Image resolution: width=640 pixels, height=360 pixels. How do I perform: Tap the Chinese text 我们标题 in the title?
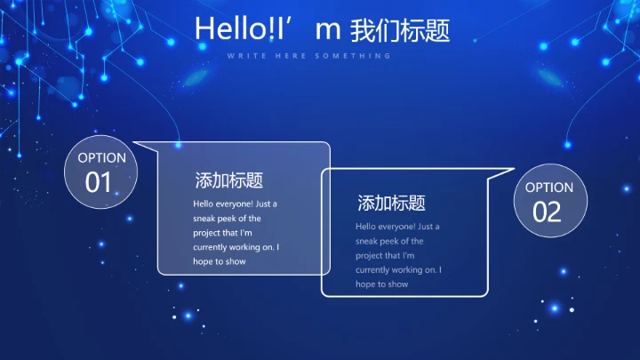point(401,29)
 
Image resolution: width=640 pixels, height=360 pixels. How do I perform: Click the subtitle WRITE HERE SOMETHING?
point(308,55)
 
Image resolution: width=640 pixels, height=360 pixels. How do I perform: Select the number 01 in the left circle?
point(99,182)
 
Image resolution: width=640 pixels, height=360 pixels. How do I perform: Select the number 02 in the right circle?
point(548,212)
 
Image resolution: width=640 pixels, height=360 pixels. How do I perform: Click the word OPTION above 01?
point(101,158)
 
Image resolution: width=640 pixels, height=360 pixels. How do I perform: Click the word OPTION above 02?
point(549,188)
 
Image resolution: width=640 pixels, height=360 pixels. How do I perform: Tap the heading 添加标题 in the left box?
point(229,180)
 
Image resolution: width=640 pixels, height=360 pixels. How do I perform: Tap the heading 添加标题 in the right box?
point(391,203)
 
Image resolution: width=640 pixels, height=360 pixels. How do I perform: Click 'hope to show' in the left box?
point(220,261)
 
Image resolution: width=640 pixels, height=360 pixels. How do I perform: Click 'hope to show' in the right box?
point(382,284)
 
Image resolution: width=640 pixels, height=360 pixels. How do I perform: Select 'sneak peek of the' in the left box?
point(228,218)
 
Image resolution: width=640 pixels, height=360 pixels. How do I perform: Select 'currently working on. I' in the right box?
point(398,269)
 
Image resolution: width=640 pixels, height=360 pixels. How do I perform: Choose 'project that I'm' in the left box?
point(224,232)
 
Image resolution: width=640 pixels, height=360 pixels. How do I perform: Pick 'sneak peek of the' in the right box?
point(389,241)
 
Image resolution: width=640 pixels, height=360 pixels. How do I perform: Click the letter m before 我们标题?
point(329,29)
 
